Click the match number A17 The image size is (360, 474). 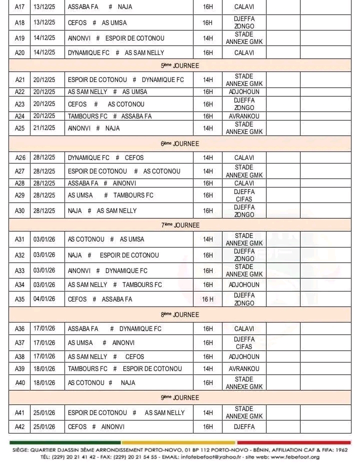pyautogui.click(x=19, y=7)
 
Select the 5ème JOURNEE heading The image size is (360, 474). pyautogui.click(x=180, y=65)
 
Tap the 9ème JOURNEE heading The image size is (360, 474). pyautogui.click(x=180, y=397)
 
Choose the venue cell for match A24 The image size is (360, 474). pyautogui.click(x=244, y=116)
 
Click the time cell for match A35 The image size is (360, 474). pyautogui.click(x=207, y=299)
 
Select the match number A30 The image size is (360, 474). pyautogui.click(x=19, y=211)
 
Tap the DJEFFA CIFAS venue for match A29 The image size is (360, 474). pyautogui.click(x=244, y=195)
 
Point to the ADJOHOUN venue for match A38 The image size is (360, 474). pyautogui.click(x=244, y=357)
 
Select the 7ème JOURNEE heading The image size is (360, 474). pyautogui.click(x=180, y=225)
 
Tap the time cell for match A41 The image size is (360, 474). pyautogui.click(x=207, y=413)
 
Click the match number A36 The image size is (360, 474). pyautogui.click(x=19, y=329)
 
